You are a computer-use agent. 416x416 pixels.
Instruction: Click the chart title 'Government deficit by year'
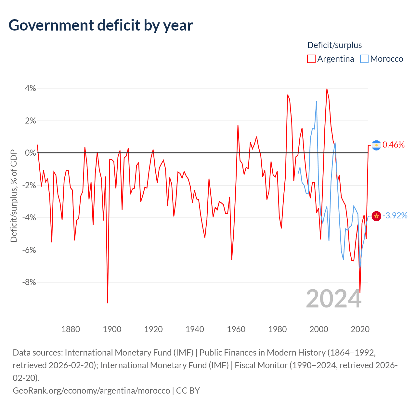pyautogui.click(x=101, y=25)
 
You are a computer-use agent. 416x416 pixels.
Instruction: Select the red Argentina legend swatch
pyautogui.click(x=311, y=59)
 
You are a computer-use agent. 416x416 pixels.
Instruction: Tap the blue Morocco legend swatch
pyautogui.click(x=364, y=59)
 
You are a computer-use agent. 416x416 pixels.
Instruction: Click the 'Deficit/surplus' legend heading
pyautogui.click(x=334, y=45)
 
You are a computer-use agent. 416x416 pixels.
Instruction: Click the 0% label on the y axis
pyautogui.click(x=31, y=153)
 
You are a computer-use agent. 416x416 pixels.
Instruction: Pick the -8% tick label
pyautogui.click(x=29, y=282)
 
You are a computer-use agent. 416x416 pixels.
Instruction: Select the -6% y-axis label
pyautogui.click(x=29, y=250)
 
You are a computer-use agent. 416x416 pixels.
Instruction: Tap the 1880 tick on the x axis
pyautogui.click(x=71, y=329)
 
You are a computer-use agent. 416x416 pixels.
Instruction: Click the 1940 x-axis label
pyautogui.click(x=195, y=329)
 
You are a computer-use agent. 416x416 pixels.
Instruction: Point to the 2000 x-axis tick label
pyautogui.click(x=319, y=329)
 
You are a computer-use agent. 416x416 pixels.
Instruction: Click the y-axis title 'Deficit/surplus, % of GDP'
pyautogui.click(x=14, y=196)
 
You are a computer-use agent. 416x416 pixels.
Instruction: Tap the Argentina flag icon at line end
pyautogui.click(x=376, y=145)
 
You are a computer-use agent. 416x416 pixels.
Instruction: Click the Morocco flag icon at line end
pyautogui.click(x=376, y=216)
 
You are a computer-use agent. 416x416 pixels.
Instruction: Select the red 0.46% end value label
pyautogui.click(x=394, y=145)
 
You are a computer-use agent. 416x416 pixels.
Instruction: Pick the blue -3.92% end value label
pyautogui.click(x=395, y=216)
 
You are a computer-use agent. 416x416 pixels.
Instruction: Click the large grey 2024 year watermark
pyautogui.click(x=333, y=299)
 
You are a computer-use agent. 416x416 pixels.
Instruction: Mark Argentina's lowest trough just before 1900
pyautogui.click(x=108, y=303)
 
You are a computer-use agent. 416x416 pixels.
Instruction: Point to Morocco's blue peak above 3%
pyautogui.click(x=317, y=101)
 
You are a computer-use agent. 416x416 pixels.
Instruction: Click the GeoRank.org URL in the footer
pyautogui.click(x=91, y=390)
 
